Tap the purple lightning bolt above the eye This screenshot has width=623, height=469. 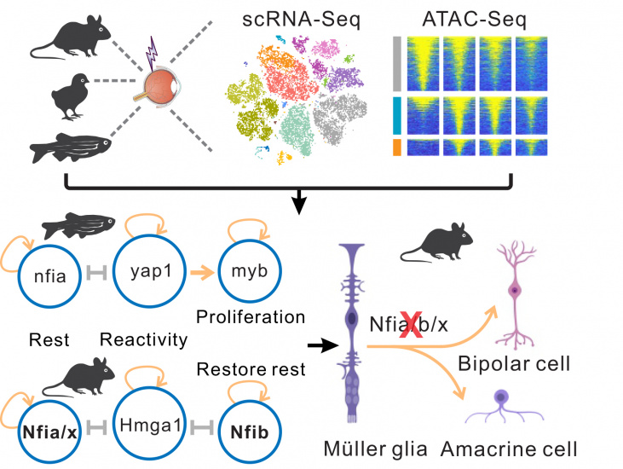pos(152,54)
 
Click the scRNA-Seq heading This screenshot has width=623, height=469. pos(301,20)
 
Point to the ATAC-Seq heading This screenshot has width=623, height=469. pos(475,19)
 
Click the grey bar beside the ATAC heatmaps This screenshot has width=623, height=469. pos(396,64)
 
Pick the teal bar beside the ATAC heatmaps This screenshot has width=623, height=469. pos(396,115)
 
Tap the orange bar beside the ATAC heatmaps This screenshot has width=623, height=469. pos(396,147)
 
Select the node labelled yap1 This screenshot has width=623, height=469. pos(150,271)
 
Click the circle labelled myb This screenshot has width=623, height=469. pos(250,271)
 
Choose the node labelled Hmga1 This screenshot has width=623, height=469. pos(150,426)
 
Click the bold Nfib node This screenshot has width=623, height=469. pos(250,432)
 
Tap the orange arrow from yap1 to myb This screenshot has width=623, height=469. pos(203,273)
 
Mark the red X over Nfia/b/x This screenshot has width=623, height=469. pos(411,325)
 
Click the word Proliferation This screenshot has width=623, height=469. pos(251,317)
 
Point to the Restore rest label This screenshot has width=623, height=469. pos(251,369)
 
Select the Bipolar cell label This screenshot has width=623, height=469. pos(514,363)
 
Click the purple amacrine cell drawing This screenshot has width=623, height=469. pos(504,406)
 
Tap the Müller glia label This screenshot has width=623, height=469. pos(376,449)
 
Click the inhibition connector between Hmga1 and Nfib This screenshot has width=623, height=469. pos(203,428)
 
